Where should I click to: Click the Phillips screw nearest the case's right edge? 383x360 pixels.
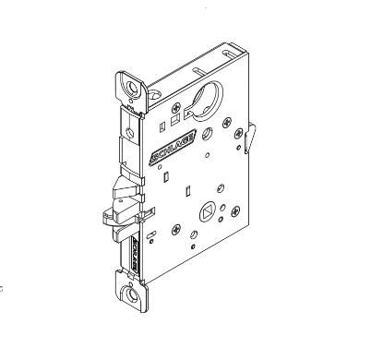[242, 138]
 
